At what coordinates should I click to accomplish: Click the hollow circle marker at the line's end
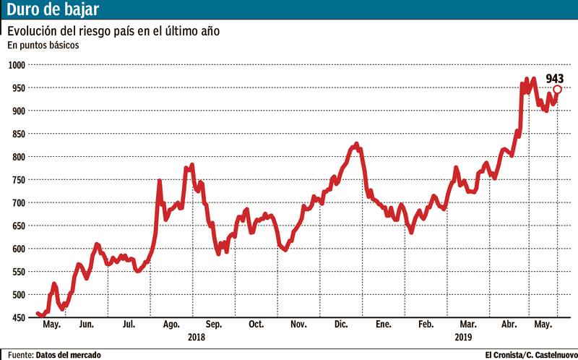pyautogui.click(x=557, y=90)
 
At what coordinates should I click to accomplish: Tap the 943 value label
pyautogui.click(x=555, y=78)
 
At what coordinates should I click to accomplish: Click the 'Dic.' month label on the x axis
pyautogui.click(x=342, y=325)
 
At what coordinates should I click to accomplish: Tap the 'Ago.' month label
pyautogui.click(x=172, y=325)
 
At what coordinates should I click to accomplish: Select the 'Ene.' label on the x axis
pyautogui.click(x=384, y=325)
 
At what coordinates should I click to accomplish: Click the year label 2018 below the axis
pyautogui.click(x=196, y=338)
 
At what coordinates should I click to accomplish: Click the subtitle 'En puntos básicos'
pyautogui.click(x=43, y=45)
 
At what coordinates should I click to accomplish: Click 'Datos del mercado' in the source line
pyautogui.click(x=69, y=354)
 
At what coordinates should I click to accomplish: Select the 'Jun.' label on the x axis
pyautogui.click(x=86, y=325)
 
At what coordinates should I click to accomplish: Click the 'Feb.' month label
pyautogui.click(x=427, y=325)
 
